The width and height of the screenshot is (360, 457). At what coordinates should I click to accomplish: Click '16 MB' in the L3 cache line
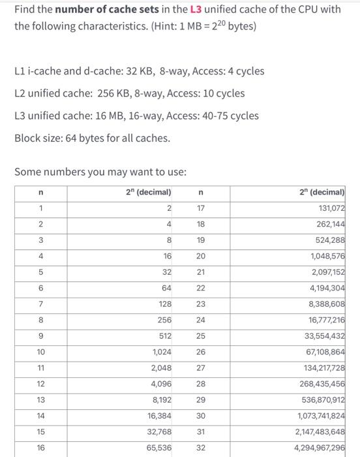tap(111, 116)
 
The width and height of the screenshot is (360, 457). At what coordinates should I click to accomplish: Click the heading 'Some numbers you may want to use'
tap(100, 172)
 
